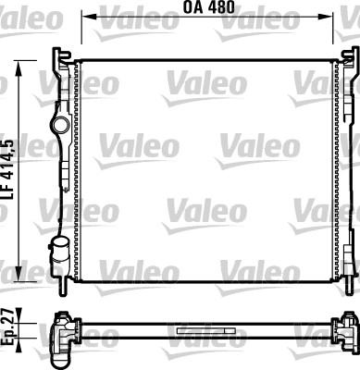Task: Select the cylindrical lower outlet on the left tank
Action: [61, 249]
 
